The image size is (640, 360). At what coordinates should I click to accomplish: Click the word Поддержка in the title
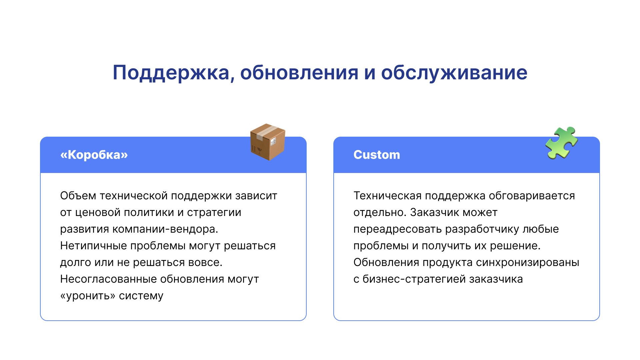pos(171,73)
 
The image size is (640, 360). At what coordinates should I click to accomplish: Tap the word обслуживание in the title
pos(454,73)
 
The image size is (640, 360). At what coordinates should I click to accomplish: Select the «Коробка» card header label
pos(94,155)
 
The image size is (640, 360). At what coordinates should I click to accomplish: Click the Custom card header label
pos(377,155)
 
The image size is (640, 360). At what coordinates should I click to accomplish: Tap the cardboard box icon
pos(268,142)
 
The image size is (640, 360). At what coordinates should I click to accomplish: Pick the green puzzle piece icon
pos(562,143)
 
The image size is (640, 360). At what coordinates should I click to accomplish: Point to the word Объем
pos(78,196)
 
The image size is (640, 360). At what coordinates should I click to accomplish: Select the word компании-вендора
pos(165,229)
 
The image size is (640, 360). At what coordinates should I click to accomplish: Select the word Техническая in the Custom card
pos(387,196)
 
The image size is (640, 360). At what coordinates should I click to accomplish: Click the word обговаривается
pos(532,196)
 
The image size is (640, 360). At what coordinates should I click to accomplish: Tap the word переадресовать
pos(397,229)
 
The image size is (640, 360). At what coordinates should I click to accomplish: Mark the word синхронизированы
pos(528,263)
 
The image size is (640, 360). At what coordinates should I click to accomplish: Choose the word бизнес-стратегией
pos(414,279)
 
